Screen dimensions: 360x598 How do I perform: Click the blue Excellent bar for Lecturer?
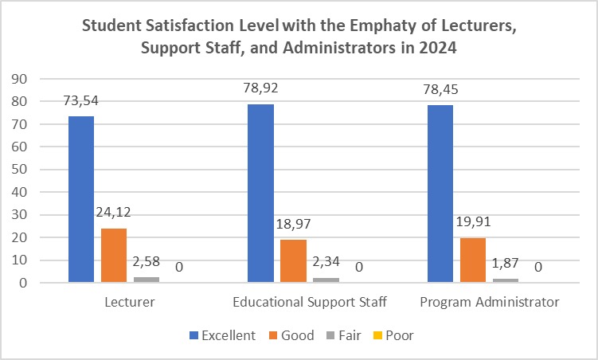(81, 199)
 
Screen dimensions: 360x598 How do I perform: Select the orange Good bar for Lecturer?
(114, 255)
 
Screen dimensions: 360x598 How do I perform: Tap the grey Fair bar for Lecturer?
(146, 279)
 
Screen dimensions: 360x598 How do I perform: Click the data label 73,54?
(80, 101)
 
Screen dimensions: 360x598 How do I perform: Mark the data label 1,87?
(505, 264)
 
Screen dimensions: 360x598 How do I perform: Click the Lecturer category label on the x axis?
(128, 303)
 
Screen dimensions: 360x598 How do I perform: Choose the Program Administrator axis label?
(488, 303)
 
